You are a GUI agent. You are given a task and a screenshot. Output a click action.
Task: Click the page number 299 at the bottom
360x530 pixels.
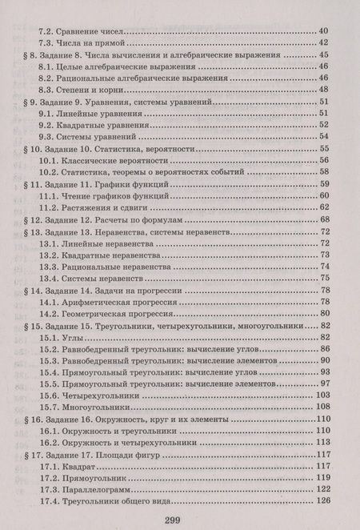[x=180, y=521]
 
